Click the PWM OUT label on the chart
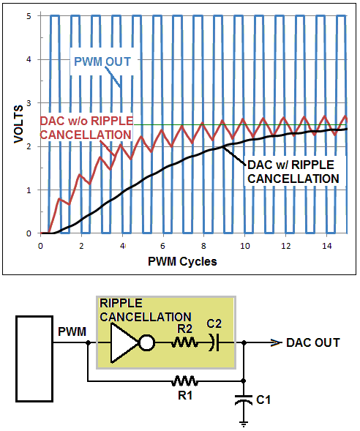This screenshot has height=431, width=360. [x=102, y=61]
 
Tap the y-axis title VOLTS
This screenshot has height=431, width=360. [x=19, y=124]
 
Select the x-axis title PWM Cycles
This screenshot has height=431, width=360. [x=182, y=261]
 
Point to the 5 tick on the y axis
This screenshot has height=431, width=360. [x=29, y=16]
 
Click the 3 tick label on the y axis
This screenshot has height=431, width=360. [x=29, y=103]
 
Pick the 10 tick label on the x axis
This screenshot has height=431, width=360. [x=245, y=246]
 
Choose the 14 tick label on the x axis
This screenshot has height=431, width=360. [x=327, y=246]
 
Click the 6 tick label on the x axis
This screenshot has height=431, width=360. [x=163, y=246]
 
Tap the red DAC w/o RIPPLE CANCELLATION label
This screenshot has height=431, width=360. [x=86, y=128]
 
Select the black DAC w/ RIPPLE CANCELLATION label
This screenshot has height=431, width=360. [x=293, y=172]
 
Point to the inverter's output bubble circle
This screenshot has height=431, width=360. [x=147, y=342]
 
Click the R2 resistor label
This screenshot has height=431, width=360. [x=185, y=329]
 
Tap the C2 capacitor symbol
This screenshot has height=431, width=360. [x=214, y=342]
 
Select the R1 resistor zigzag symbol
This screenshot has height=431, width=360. [x=184, y=381]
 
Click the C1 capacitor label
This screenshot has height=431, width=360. [x=263, y=400]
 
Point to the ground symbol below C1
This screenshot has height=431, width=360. [x=244, y=424]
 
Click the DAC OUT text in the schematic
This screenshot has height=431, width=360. [x=313, y=342]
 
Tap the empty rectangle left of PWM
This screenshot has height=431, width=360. [x=34, y=359]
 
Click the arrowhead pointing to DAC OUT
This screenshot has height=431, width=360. [x=276, y=342]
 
